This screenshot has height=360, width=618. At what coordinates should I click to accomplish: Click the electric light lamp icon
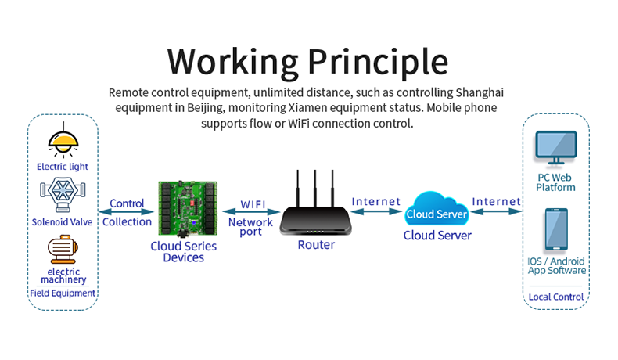click(63, 141)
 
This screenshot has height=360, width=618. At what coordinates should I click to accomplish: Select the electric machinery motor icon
click(63, 249)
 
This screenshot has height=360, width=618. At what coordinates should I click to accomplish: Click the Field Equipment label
click(63, 293)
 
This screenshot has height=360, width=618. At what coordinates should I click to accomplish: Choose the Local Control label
click(556, 297)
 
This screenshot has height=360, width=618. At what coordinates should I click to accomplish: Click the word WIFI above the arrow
click(251, 204)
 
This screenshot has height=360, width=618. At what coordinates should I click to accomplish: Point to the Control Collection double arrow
click(126, 212)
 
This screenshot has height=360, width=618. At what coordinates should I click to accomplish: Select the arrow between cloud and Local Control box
click(496, 211)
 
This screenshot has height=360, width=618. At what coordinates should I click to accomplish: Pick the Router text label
click(316, 245)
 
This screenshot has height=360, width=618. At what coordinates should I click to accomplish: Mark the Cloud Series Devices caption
click(184, 251)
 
